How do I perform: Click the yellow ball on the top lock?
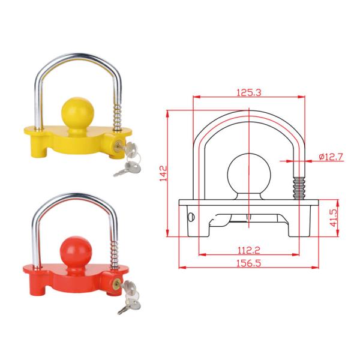click(77, 113)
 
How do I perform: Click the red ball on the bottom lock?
click(76, 252)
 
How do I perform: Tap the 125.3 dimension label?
click(249, 92)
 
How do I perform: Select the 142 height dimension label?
click(163, 173)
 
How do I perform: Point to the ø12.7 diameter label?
click(331, 157)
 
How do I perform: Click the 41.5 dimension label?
click(334, 218)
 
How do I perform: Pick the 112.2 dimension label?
click(248, 250)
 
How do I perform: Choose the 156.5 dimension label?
click(248, 263)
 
